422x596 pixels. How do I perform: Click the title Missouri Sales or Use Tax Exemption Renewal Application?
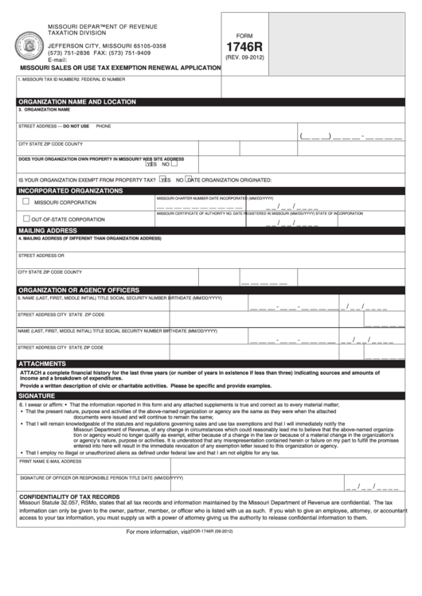click(x=119, y=68)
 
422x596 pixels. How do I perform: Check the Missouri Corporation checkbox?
click(x=26, y=202)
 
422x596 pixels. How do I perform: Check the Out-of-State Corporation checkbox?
click(x=26, y=218)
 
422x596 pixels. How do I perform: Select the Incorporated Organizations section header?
click(x=70, y=191)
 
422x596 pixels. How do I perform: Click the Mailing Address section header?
click(x=47, y=230)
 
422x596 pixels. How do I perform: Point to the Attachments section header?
click(x=42, y=363)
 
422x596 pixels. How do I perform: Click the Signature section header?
click(x=37, y=395)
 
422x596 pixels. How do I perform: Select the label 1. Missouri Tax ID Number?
click(x=46, y=80)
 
